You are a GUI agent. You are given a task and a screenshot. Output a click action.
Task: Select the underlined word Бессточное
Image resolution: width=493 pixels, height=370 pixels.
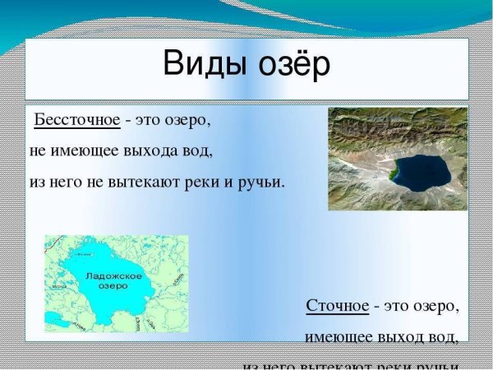click(x=77, y=122)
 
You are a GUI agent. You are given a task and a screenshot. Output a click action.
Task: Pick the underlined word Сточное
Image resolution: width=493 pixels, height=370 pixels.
click(x=337, y=306)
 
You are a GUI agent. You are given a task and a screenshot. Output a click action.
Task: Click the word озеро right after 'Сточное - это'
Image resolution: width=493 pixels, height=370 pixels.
click(x=435, y=306)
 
